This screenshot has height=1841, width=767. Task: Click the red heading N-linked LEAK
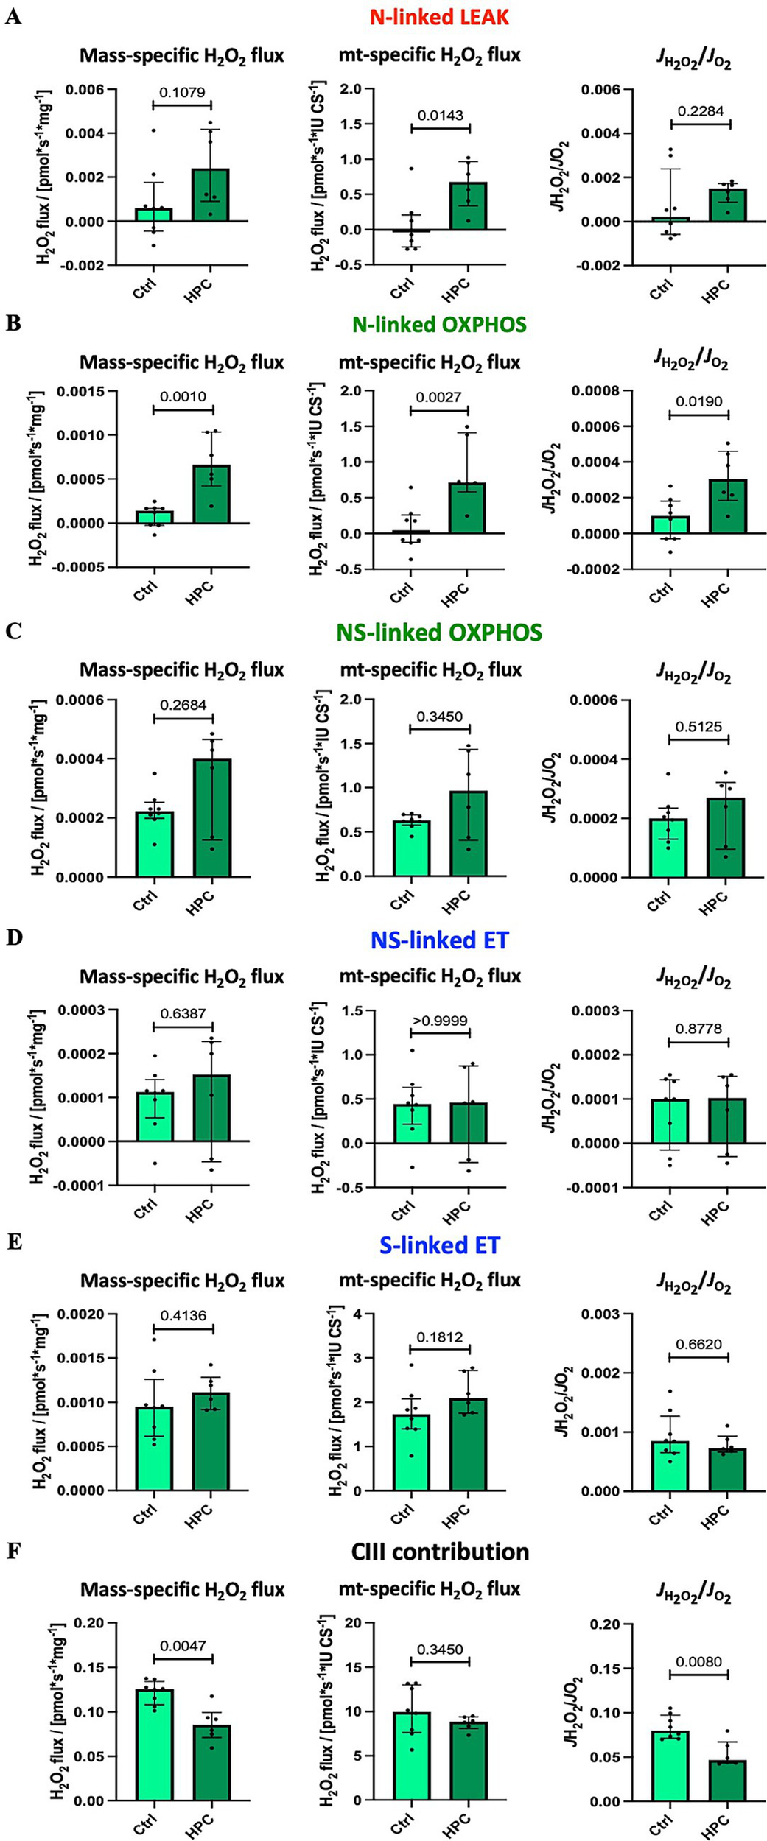tap(439, 17)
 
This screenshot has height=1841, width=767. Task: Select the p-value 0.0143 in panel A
tap(440, 116)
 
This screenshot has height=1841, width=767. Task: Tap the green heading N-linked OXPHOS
tap(439, 325)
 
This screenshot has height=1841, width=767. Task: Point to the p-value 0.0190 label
tap(698, 402)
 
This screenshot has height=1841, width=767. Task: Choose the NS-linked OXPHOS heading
tap(439, 633)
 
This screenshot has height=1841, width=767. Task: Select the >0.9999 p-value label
tap(440, 1021)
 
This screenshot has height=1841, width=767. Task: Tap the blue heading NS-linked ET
tap(439, 940)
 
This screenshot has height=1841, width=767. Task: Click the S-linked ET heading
tap(440, 1245)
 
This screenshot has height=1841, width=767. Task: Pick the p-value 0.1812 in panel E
tap(440, 1337)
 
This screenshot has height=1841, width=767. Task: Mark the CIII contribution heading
tap(440, 1552)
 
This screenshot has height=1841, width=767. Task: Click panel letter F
tap(13, 1552)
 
